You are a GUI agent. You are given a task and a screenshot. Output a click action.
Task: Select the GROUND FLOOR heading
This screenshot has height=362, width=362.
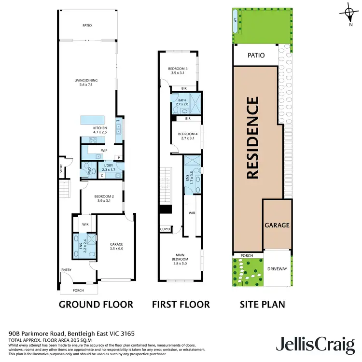pos(96,305)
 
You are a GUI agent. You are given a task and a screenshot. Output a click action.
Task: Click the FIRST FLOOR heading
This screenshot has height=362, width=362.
pos(181,305)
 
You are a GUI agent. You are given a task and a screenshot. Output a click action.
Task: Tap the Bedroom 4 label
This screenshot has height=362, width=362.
pos(185,136)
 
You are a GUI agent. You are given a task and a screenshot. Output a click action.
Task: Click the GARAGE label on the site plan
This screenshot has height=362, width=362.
pos(277,225)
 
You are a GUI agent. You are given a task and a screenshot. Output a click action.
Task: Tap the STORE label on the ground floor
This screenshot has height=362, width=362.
pos(61,169)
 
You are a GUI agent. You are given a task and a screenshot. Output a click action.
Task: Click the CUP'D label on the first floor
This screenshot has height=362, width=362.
pos(165,229)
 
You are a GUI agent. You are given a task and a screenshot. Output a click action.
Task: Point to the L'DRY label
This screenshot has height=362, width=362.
pos(108,167)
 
